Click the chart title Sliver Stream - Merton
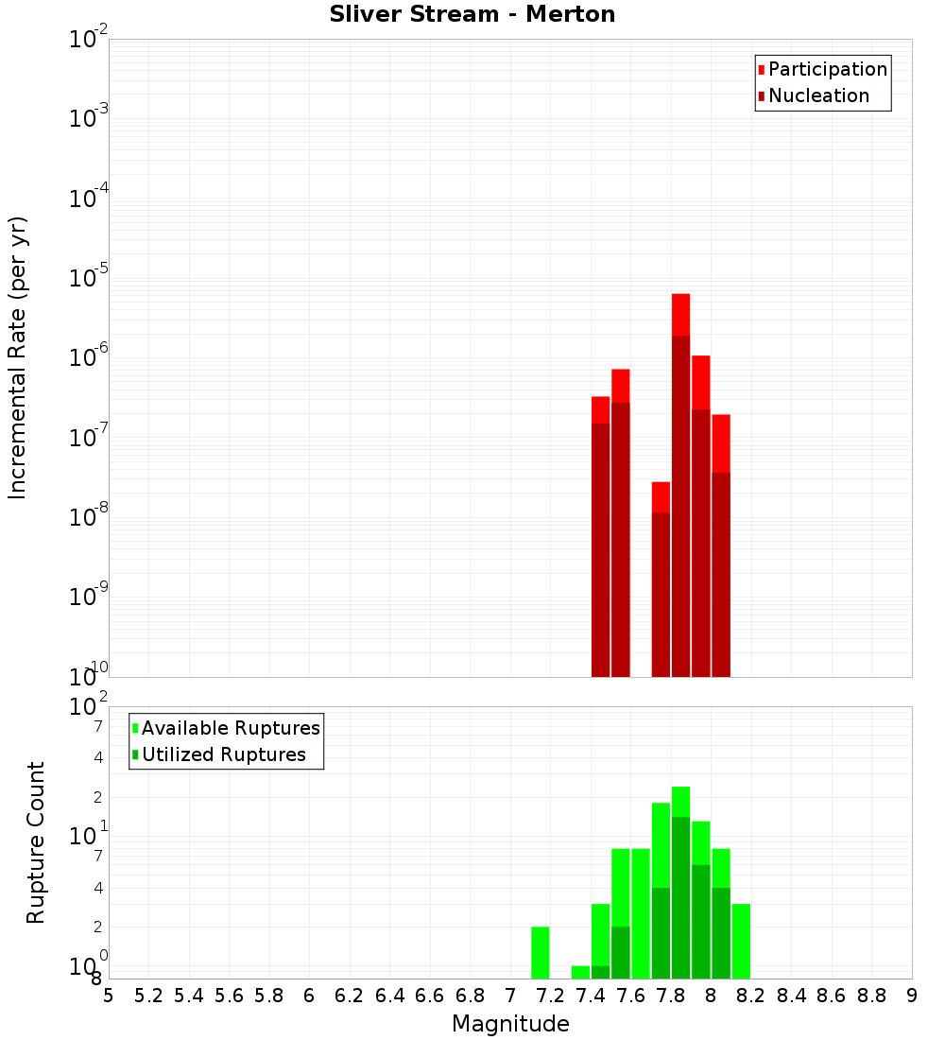pos(472,14)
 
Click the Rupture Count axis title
pos(36,842)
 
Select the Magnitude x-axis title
pos(510,1024)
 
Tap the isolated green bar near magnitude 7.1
pos(540,952)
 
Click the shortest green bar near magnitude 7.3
pos(580,972)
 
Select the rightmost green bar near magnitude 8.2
pos(741,941)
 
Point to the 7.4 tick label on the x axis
pos(591,995)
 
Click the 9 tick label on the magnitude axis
pos(911,995)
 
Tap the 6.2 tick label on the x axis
pos(350,995)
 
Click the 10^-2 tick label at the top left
pos(89,39)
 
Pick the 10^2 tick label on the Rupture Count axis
pos(89,706)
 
